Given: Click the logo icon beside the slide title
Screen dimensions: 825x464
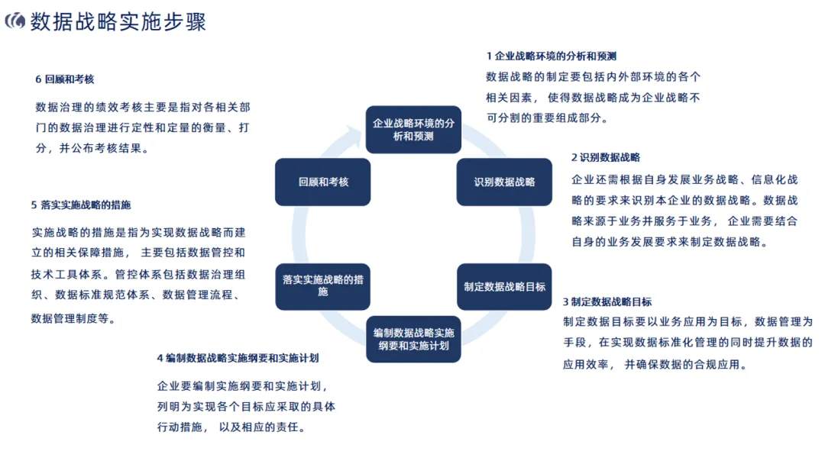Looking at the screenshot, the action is pos(15,21).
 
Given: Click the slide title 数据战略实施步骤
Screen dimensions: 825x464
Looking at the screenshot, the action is pos(118,21).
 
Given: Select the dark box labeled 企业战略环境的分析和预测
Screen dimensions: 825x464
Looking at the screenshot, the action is pos(413,130).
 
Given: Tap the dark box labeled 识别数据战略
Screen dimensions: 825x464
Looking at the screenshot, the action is pos(504,182).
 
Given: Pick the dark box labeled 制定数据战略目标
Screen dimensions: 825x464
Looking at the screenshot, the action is pos(504,287).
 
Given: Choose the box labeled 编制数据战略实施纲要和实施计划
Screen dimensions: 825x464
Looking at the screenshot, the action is pos(413,339).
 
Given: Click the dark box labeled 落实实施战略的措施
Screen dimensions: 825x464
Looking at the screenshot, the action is pos(322,285).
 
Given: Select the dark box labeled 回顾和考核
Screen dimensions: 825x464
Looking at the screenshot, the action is pos(322,182).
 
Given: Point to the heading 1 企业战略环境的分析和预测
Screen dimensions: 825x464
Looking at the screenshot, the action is pos(551,56).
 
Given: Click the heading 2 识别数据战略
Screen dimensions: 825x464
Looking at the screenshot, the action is pos(606,157).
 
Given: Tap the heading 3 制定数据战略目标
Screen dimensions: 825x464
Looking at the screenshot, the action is pos(607,301).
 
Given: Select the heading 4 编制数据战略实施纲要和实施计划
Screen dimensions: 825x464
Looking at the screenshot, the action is pos(238,358).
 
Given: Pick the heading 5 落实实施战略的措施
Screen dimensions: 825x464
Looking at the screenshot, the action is pos(81,205).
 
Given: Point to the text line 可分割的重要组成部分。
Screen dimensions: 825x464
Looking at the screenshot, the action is pos(547,118).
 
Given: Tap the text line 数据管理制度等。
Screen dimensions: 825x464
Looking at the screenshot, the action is pos(74,319).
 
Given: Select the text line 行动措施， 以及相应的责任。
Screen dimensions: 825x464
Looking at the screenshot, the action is pos(231,427).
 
